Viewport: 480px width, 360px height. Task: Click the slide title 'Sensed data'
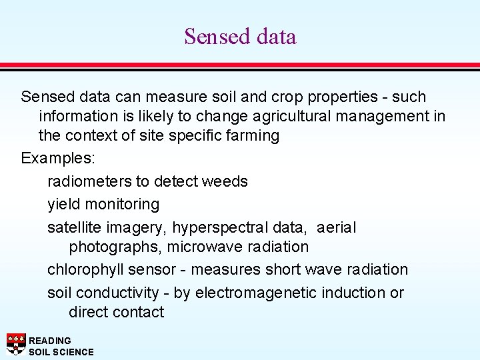240,36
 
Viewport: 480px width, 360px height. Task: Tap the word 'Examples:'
58,159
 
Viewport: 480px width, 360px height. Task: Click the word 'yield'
63,204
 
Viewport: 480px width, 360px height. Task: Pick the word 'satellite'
73,227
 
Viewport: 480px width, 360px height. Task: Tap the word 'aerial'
337,227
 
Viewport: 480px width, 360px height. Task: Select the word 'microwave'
203,247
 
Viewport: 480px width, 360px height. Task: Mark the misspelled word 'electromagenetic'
256,293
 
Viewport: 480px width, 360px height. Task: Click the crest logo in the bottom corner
15,344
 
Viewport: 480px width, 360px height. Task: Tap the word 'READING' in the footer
50,340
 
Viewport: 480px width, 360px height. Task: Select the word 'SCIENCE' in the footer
73,351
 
